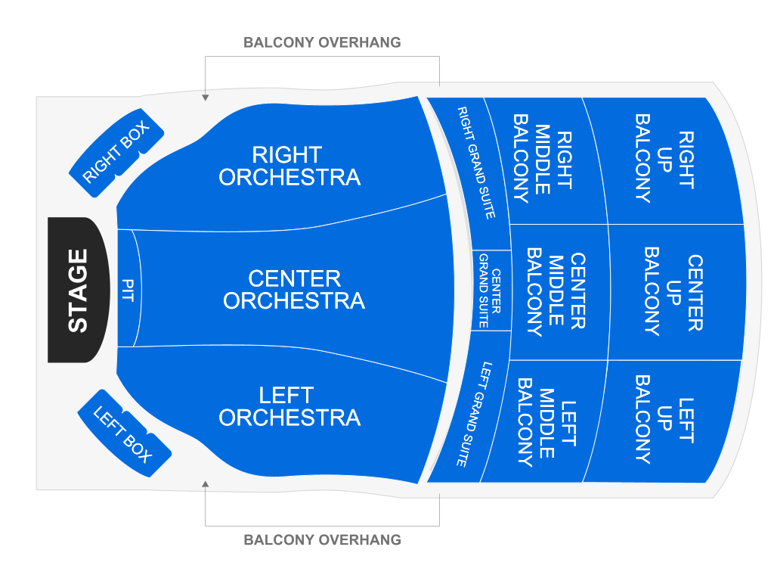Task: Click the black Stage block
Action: [78, 290]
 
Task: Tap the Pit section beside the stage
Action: [127, 290]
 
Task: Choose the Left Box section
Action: [123, 433]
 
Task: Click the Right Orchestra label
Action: [289, 166]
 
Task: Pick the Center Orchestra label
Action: [294, 290]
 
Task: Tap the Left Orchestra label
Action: [289, 406]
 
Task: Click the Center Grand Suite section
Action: [490, 290]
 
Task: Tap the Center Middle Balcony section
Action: [556, 291]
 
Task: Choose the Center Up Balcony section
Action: [673, 291]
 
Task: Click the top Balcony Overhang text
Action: [322, 42]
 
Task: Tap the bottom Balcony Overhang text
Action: [322, 540]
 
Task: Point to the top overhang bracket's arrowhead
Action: [205, 97]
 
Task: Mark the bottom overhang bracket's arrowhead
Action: [205, 483]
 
